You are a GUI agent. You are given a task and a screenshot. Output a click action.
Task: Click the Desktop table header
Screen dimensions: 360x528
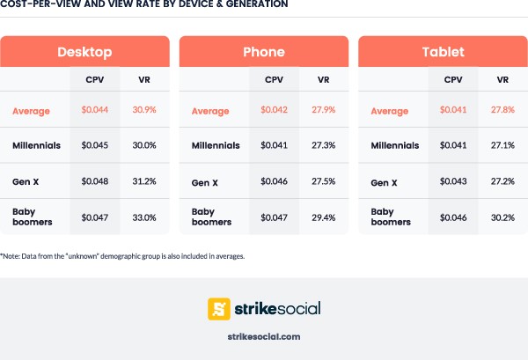coord(84,52)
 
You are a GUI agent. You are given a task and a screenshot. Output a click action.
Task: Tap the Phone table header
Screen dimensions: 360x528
coord(263,52)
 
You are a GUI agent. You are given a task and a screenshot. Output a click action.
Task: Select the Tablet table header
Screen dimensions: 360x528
coord(443,52)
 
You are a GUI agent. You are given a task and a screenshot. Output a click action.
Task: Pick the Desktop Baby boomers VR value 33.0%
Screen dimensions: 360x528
coord(143,217)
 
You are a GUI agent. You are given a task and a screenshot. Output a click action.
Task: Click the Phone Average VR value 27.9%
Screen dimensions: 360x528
coord(324,111)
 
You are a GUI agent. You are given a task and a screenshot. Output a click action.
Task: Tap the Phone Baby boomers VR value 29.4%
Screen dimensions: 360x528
coord(324,217)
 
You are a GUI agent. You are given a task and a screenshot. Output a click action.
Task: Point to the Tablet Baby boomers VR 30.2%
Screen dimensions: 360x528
coord(503,217)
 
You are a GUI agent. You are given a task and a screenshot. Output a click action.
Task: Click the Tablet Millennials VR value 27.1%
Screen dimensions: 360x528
coord(503,145)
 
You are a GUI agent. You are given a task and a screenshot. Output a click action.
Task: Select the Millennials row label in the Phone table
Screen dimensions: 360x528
coord(216,145)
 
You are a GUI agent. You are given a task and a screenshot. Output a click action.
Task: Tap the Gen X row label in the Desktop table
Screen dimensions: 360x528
coord(26,182)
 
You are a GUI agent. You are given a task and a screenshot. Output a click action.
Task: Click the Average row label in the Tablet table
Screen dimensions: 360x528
coord(390,111)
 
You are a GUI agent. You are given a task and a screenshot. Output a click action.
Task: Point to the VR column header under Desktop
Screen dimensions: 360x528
coord(143,79)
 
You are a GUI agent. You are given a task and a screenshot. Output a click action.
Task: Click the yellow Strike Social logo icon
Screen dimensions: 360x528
coord(219,308)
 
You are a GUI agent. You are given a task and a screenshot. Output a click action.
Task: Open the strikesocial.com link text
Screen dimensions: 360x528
coord(263,336)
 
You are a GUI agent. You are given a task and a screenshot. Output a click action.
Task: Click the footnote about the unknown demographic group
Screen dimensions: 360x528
coord(122,256)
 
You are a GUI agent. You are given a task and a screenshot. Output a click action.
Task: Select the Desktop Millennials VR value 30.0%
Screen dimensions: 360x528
coord(143,145)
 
